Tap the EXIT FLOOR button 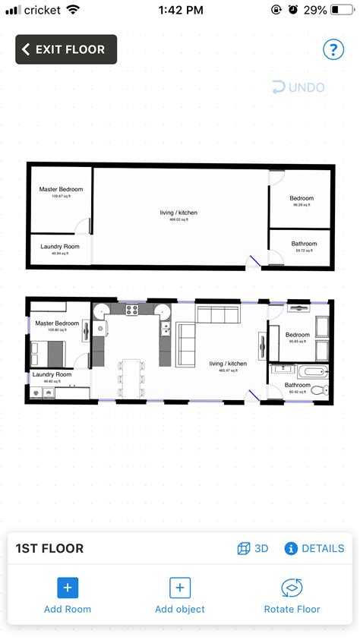(66, 49)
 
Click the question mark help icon (333, 50)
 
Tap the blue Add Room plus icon (68, 587)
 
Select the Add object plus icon (179, 587)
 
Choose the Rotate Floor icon (292, 587)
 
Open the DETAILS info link (314, 548)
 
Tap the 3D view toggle (253, 548)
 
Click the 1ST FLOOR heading (50, 549)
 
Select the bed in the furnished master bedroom (48, 353)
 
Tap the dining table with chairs (131, 377)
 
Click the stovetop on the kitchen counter (131, 309)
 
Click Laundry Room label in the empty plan (59, 247)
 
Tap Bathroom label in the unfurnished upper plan (304, 244)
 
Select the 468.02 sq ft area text (178, 219)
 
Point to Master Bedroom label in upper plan (61, 190)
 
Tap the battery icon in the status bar (343, 10)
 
